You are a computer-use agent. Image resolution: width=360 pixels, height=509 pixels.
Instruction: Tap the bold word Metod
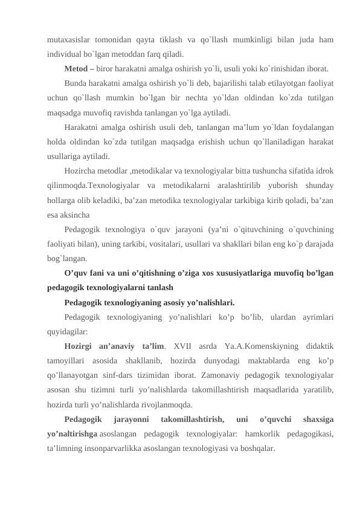77,68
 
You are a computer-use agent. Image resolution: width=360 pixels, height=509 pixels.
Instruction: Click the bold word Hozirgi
81,346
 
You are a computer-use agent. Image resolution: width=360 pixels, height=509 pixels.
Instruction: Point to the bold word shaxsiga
317,419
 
